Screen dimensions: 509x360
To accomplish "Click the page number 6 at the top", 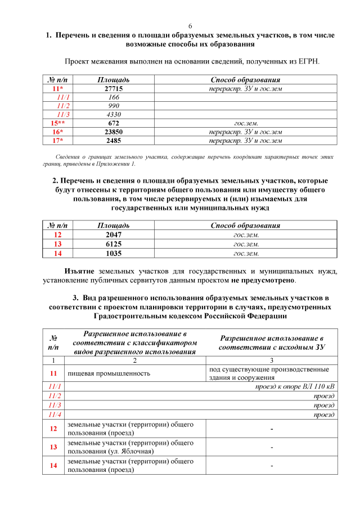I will [190, 26].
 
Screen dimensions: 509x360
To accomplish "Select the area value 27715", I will [114, 89].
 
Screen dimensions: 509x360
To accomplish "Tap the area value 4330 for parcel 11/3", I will [114, 114].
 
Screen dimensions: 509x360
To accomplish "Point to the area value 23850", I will [114, 132].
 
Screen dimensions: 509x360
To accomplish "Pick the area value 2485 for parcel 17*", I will [114, 140].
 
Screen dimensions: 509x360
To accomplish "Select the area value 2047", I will [114, 234].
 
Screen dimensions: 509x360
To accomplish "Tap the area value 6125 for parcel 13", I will [114, 244].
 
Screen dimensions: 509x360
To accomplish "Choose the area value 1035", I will [114, 254].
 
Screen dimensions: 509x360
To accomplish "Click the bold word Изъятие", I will [79, 271].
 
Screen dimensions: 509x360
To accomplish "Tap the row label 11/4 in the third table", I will [55, 415].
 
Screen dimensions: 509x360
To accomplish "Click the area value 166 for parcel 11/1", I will [114, 97].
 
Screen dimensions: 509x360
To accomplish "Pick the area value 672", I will [114, 123].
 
